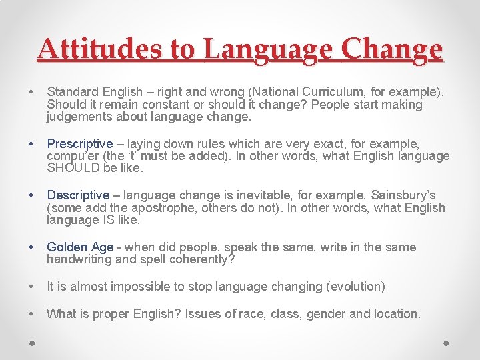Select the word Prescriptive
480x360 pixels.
(79, 143)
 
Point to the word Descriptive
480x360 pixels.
(77, 195)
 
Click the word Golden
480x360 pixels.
(64, 247)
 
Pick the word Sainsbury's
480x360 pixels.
(403, 195)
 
